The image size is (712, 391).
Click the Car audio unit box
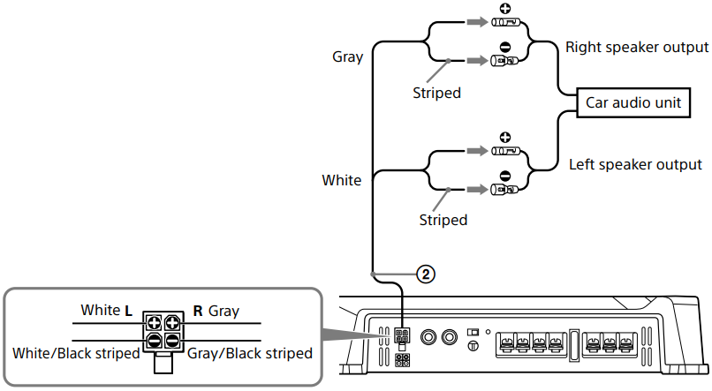pos(634,102)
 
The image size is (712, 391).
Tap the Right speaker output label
pos(637,47)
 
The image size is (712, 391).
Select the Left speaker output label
pos(635,164)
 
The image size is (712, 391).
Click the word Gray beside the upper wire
pos(348,56)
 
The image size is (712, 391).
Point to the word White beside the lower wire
pos(341,180)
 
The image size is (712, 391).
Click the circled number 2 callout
pos(425,274)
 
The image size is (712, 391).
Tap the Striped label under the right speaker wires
pos(436,92)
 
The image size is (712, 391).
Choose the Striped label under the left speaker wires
pos(443,219)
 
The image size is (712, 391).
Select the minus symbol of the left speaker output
pos(505,175)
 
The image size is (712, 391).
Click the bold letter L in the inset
pos(129,311)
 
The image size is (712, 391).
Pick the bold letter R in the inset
pos(198,311)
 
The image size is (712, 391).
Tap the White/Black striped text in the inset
pos(76,353)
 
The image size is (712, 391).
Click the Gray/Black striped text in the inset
pos(250,353)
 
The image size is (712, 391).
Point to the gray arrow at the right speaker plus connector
pos(475,24)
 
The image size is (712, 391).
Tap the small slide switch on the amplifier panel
pos(473,331)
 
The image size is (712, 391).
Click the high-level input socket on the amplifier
pos(402,337)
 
